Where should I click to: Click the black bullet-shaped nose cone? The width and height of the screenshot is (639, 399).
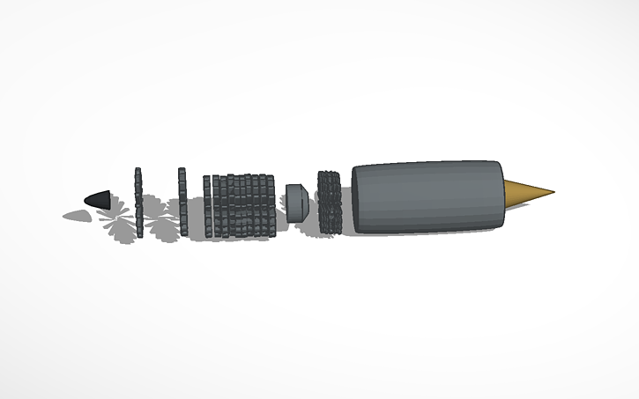point(100,200)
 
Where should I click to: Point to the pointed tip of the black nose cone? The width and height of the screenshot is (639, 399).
point(85,201)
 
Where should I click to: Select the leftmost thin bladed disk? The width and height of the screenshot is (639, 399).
point(137,200)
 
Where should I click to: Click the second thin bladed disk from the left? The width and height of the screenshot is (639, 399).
point(182,201)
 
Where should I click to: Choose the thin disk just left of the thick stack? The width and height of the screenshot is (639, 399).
point(207,206)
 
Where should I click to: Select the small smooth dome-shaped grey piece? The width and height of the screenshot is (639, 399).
point(295,202)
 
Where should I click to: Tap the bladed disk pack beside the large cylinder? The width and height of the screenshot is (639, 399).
point(329,202)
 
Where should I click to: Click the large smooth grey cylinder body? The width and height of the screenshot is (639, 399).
point(427,196)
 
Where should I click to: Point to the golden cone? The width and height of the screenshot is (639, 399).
point(526,193)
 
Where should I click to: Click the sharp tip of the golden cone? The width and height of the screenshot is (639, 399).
point(554,190)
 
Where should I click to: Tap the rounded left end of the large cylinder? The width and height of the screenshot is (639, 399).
point(356,198)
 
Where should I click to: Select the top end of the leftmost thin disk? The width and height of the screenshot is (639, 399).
point(137,170)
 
